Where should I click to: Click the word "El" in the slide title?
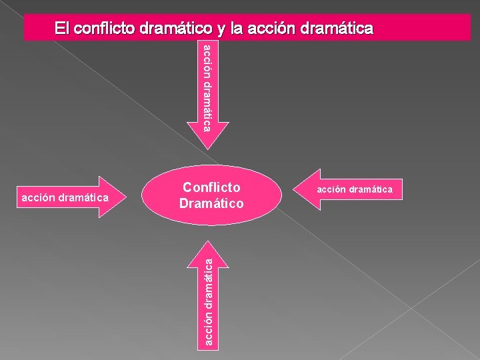click(61, 28)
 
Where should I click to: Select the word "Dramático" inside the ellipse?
click(211, 203)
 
